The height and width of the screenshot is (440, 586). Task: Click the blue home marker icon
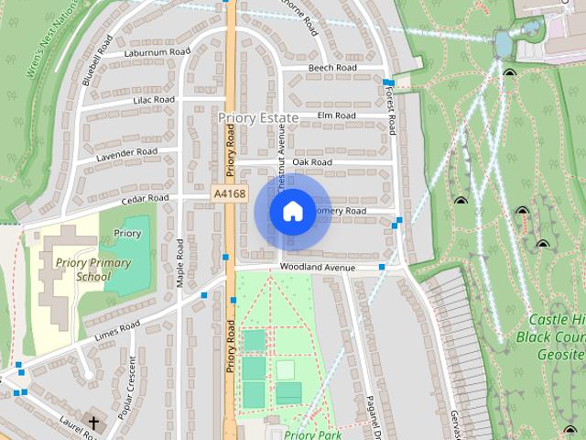click(x=292, y=211)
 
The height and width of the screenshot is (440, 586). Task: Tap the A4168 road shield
click(x=228, y=194)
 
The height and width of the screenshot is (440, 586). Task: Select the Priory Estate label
click(x=258, y=118)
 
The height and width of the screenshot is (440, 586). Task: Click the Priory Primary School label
click(x=92, y=269)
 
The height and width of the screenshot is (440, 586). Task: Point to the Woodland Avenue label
click(x=317, y=267)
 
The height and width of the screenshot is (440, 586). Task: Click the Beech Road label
click(x=332, y=68)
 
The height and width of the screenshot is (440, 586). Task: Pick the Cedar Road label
click(x=146, y=198)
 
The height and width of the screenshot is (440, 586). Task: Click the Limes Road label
click(x=117, y=329)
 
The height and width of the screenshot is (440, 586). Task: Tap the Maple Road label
click(x=180, y=265)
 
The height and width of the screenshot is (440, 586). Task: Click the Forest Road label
click(x=390, y=119)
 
